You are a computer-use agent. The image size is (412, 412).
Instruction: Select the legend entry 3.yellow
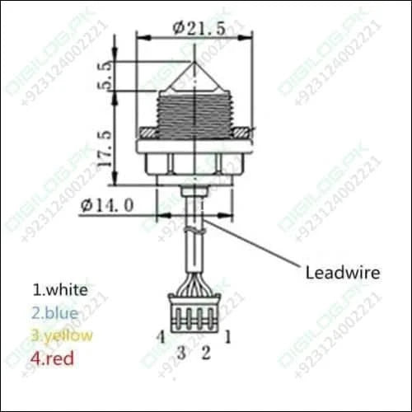tap(63, 335)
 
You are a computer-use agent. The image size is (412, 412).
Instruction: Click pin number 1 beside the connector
tap(228, 335)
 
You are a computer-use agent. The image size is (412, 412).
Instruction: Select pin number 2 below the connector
tap(207, 353)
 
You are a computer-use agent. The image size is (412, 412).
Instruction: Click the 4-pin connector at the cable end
tap(194, 314)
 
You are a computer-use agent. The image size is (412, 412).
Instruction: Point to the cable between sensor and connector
tap(194, 247)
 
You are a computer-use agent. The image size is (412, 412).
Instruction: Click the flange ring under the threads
tap(194, 132)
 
